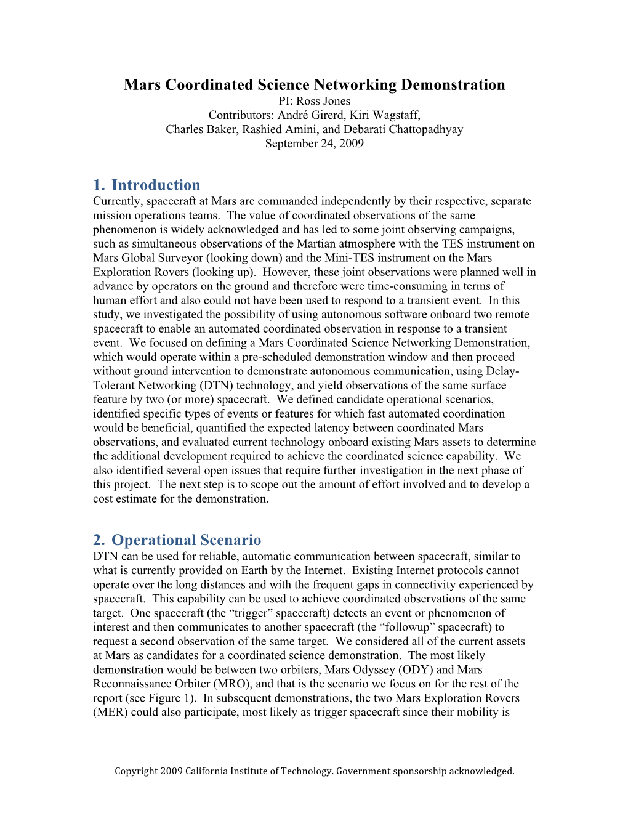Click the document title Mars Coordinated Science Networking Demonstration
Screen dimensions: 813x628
point(314,85)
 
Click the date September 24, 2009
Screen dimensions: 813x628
point(314,144)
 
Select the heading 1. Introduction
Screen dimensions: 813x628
point(147,185)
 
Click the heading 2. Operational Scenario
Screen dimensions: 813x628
point(177,540)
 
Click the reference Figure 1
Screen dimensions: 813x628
point(172,698)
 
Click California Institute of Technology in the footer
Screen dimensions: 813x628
point(258,771)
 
